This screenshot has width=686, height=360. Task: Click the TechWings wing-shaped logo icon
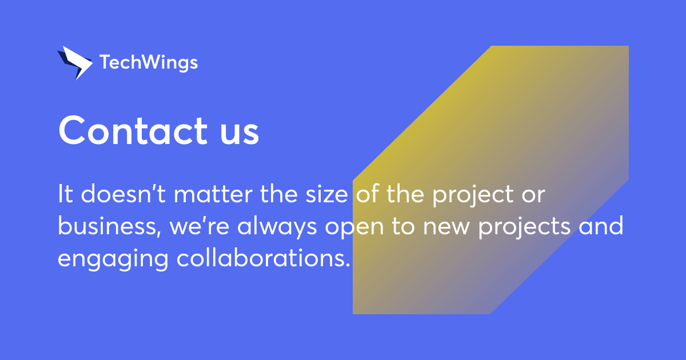coord(74,62)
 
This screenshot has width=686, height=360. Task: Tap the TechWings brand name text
coord(149,62)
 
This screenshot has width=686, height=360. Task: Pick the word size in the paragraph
coord(328,195)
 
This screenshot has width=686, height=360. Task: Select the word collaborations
coord(262,258)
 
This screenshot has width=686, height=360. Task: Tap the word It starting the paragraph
coord(65,195)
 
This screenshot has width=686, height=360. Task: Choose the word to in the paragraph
coord(405,227)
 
